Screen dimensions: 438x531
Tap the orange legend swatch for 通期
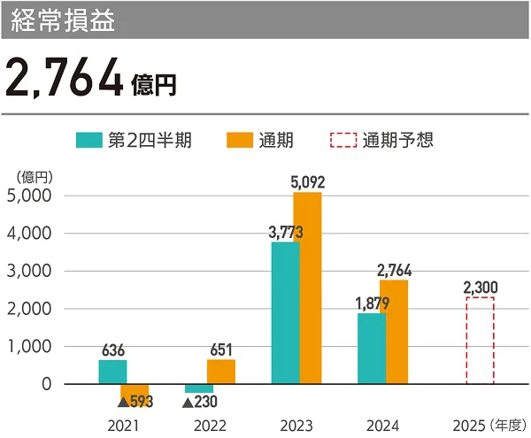241,140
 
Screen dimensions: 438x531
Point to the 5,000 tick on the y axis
28,196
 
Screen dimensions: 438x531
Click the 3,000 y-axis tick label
28,272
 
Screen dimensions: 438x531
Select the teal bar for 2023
285,312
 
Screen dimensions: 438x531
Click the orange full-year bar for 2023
307,288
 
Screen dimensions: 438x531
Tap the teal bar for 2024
372,349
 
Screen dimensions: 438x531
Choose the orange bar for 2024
394,332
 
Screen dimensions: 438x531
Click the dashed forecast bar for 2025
480,341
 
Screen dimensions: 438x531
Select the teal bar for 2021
112,372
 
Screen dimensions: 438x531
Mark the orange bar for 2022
221,372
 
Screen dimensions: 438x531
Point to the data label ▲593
135,402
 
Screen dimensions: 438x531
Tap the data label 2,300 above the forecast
480,287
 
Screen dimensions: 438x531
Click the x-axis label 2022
210,425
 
